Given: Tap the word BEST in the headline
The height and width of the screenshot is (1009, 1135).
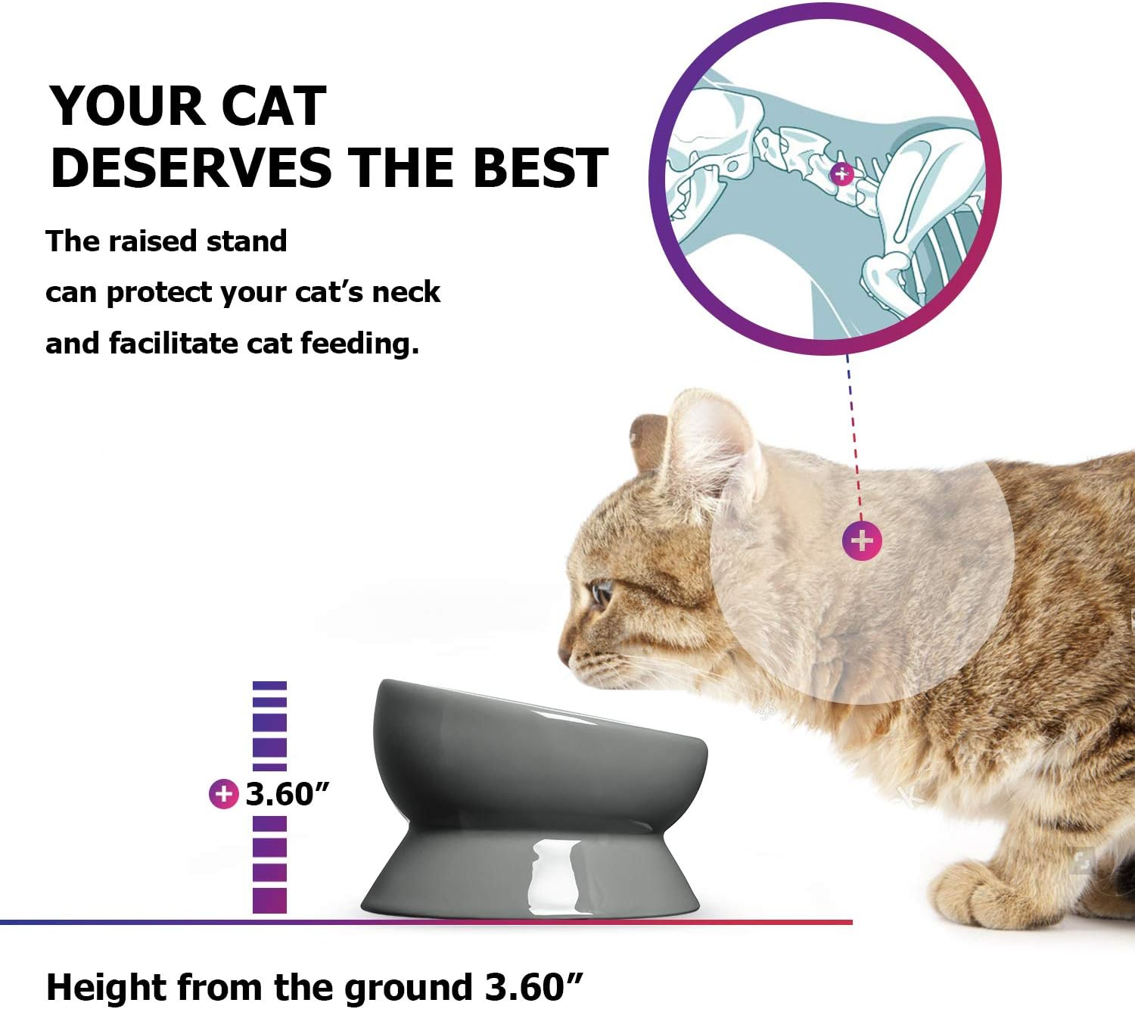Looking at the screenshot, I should [540, 167].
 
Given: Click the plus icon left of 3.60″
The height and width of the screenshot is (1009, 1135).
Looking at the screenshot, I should [223, 794].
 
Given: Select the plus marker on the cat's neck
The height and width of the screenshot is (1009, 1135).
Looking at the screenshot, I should [862, 540].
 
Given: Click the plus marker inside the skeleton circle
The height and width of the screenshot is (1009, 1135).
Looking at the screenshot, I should [841, 174].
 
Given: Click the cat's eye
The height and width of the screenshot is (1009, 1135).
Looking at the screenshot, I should [602, 592].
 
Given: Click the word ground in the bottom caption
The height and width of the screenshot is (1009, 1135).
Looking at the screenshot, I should [407, 988].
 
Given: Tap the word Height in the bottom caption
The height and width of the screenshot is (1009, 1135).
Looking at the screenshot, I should [106, 988].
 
